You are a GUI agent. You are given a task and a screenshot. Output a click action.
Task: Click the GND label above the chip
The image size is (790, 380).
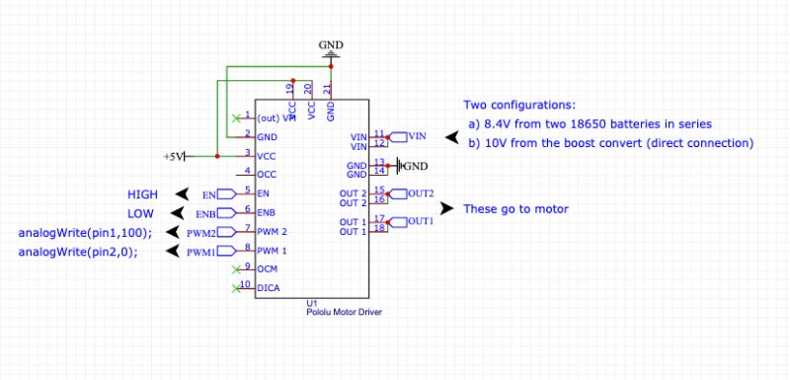330,45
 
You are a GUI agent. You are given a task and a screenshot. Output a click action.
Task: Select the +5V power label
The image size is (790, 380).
173,156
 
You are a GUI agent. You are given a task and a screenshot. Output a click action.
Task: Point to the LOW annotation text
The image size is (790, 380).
140,212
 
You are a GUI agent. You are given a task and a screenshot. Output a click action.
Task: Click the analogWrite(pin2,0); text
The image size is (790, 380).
78,252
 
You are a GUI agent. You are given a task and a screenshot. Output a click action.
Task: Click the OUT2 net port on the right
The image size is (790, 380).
414,192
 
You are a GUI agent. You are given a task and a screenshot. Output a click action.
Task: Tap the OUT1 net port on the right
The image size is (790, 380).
414,221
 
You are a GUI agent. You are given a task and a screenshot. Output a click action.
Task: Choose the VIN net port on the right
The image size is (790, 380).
410,135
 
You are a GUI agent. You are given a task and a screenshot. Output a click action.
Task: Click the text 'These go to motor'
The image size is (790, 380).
515,208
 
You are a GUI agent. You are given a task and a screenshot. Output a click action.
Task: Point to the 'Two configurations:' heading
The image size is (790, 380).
519,105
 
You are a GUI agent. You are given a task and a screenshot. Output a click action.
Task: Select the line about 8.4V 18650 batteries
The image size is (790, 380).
591,123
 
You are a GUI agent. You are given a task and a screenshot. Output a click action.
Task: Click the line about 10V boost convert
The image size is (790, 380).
611,142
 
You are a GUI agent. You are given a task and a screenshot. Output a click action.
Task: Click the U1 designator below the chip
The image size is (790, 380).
312,302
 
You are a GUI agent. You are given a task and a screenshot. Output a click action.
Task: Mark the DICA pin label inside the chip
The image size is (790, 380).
268,288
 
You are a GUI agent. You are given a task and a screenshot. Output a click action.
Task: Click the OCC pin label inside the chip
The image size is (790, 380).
267,174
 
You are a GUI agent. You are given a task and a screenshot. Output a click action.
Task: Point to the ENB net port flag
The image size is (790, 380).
206,213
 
